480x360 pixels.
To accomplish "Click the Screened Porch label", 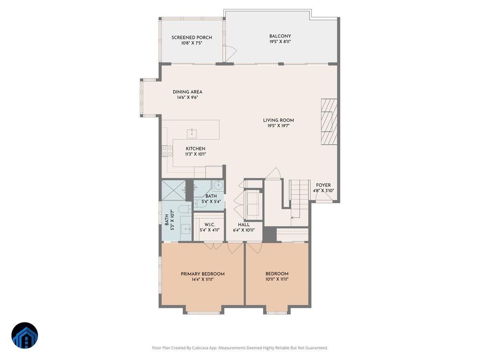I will tap(192, 38).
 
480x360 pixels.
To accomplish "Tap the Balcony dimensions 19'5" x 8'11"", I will tap(280, 41).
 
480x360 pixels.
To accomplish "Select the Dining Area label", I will tap(187, 92).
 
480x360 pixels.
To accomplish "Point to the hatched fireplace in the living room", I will tap(329, 122).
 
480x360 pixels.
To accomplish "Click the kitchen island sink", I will tap(192, 132).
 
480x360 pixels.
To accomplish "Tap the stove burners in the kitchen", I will tap(167, 151).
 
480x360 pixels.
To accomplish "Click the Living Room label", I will tap(278, 120).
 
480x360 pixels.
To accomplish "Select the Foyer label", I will tap(323, 185).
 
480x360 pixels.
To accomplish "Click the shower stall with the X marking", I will tap(173, 190).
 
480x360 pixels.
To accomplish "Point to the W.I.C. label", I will tap(210, 224).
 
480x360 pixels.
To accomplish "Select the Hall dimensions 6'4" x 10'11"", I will tap(244, 230).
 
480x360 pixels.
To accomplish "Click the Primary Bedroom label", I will tap(202, 274).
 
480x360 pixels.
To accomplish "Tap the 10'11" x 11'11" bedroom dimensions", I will tap(277, 279).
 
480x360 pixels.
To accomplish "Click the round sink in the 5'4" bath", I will tap(218, 186).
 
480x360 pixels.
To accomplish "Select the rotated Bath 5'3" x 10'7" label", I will tap(169, 220).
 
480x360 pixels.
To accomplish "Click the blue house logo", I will tap(25, 335).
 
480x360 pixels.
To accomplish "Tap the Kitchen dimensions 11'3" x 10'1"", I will tap(195, 154).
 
